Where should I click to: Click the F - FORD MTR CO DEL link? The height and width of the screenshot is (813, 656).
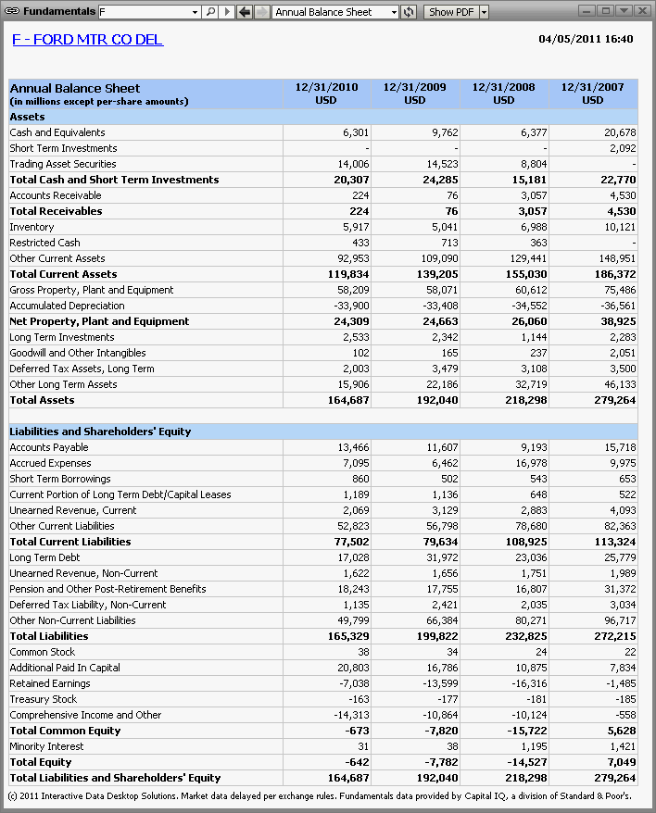pos(88,40)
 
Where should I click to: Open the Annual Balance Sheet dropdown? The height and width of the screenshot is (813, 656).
pos(394,12)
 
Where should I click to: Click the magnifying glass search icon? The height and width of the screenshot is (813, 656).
pos(210,11)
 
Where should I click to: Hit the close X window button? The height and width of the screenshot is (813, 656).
pos(642,11)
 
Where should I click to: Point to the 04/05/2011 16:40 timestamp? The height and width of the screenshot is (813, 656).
pos(586,39)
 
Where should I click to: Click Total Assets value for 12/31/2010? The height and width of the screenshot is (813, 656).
pos(348,400)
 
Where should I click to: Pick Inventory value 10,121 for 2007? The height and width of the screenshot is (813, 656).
pos(620,227)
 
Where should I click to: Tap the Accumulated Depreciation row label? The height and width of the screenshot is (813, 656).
pos(67,306)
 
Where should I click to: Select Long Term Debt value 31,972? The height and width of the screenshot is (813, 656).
pos(442,558)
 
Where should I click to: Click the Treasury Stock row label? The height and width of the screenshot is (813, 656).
pos(43,699)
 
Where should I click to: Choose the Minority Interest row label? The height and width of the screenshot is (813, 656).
pos(46,746)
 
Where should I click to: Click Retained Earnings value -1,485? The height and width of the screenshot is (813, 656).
pos(621,684)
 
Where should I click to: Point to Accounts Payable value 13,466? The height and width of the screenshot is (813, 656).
pos(353,447)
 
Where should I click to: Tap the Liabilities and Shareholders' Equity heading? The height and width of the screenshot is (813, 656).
pos(100,432)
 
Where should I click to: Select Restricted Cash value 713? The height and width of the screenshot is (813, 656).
pos(449,243)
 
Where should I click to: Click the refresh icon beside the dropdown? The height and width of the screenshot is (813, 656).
pos(409,11)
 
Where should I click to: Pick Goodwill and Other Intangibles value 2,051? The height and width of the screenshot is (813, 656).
pos(623,353)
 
